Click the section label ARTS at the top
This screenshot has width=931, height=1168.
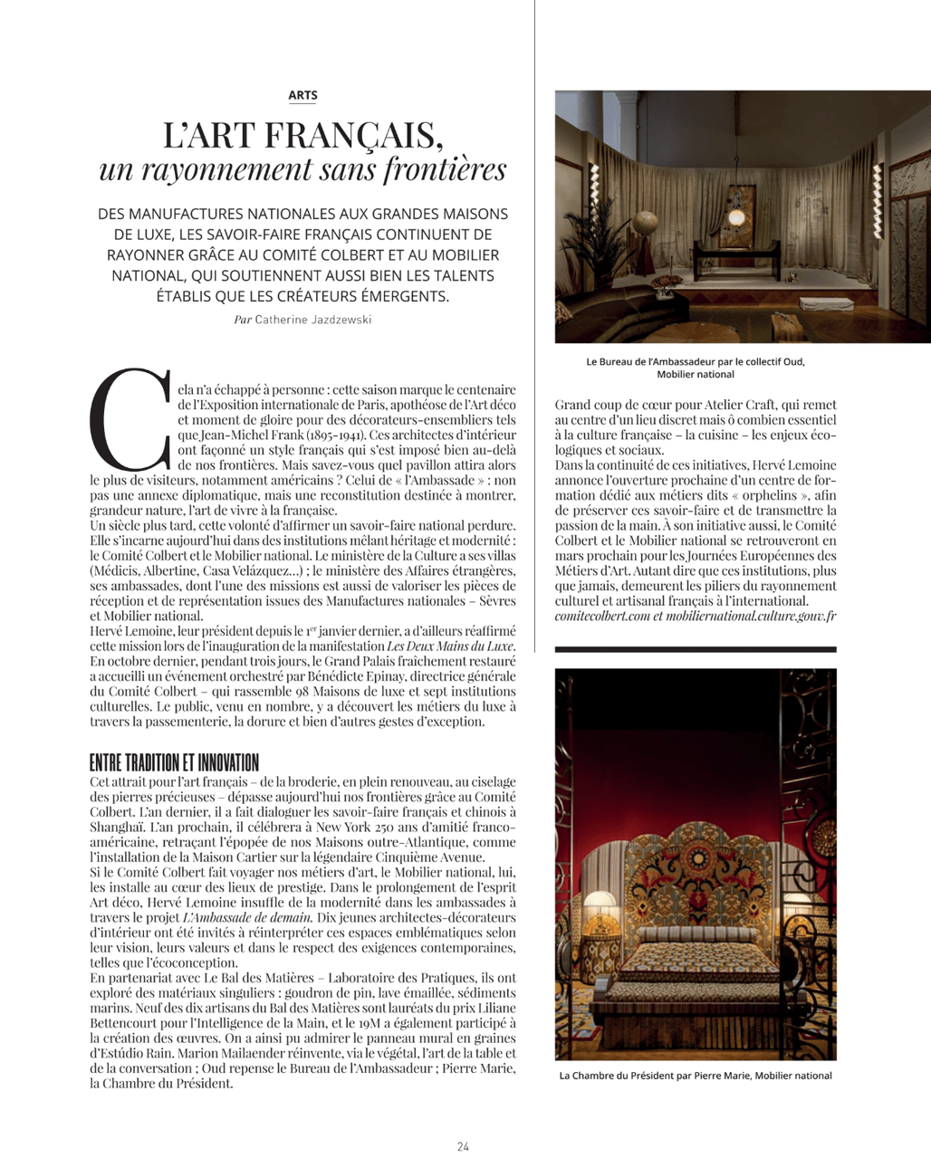click(x=302, y=95)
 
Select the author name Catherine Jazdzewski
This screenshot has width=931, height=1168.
click(x=312, y=320)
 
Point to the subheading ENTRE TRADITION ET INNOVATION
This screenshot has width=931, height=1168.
click(x=174, y=761)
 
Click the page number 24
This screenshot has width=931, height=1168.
click(x=463, y=1146)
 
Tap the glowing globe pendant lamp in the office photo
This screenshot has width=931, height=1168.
click(x=736, y=217)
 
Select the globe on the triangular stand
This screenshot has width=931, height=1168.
click(x=647, y=222)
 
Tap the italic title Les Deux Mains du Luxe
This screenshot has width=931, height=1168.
click(x=450, y=646)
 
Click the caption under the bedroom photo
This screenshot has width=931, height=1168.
click(x=695, y=1076)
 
